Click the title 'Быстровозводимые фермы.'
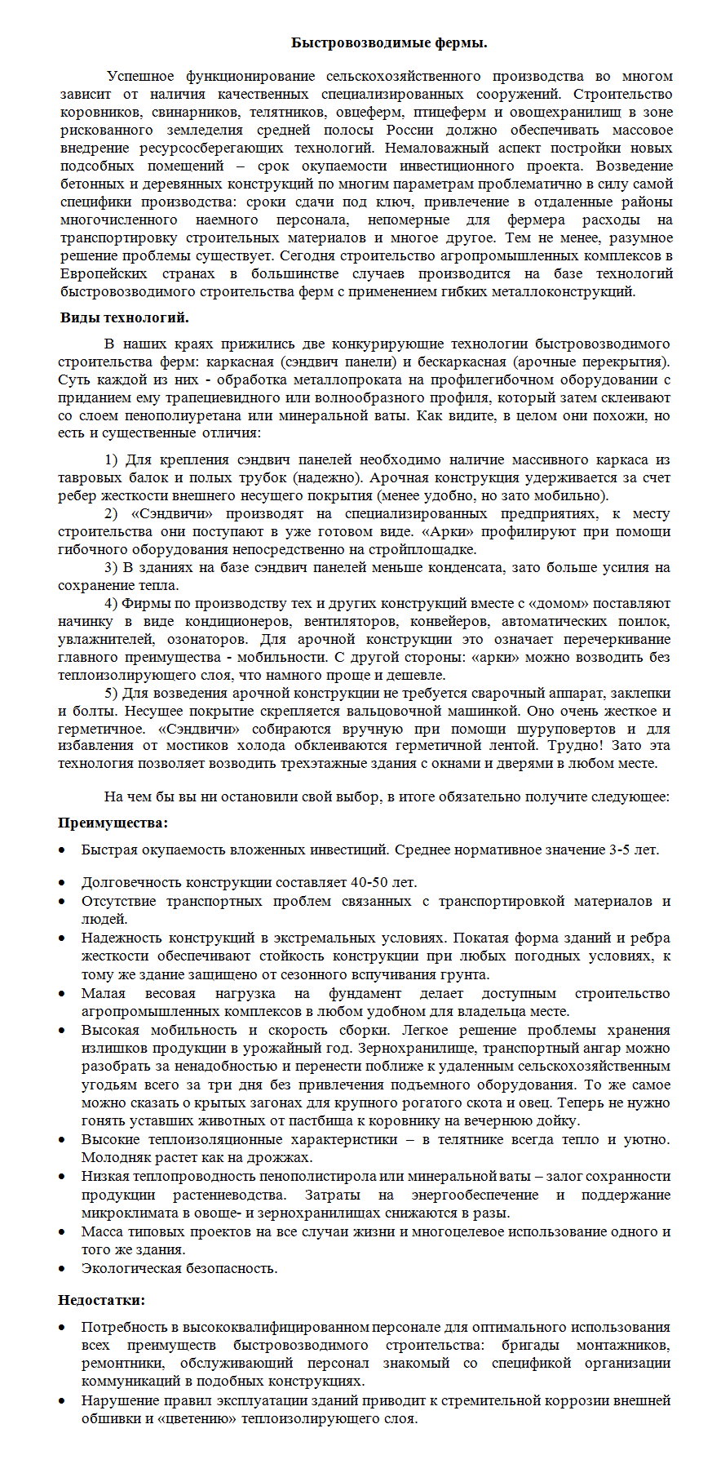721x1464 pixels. pos(389,42)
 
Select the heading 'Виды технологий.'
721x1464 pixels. pos(124,317)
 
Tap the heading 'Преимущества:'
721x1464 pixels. pos(113,823)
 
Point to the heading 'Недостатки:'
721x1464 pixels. pos(101,1300)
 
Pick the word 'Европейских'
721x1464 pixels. pos(104,273)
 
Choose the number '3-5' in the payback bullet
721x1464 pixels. pos(619,850)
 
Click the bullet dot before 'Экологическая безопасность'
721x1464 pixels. pos(62,1269)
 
